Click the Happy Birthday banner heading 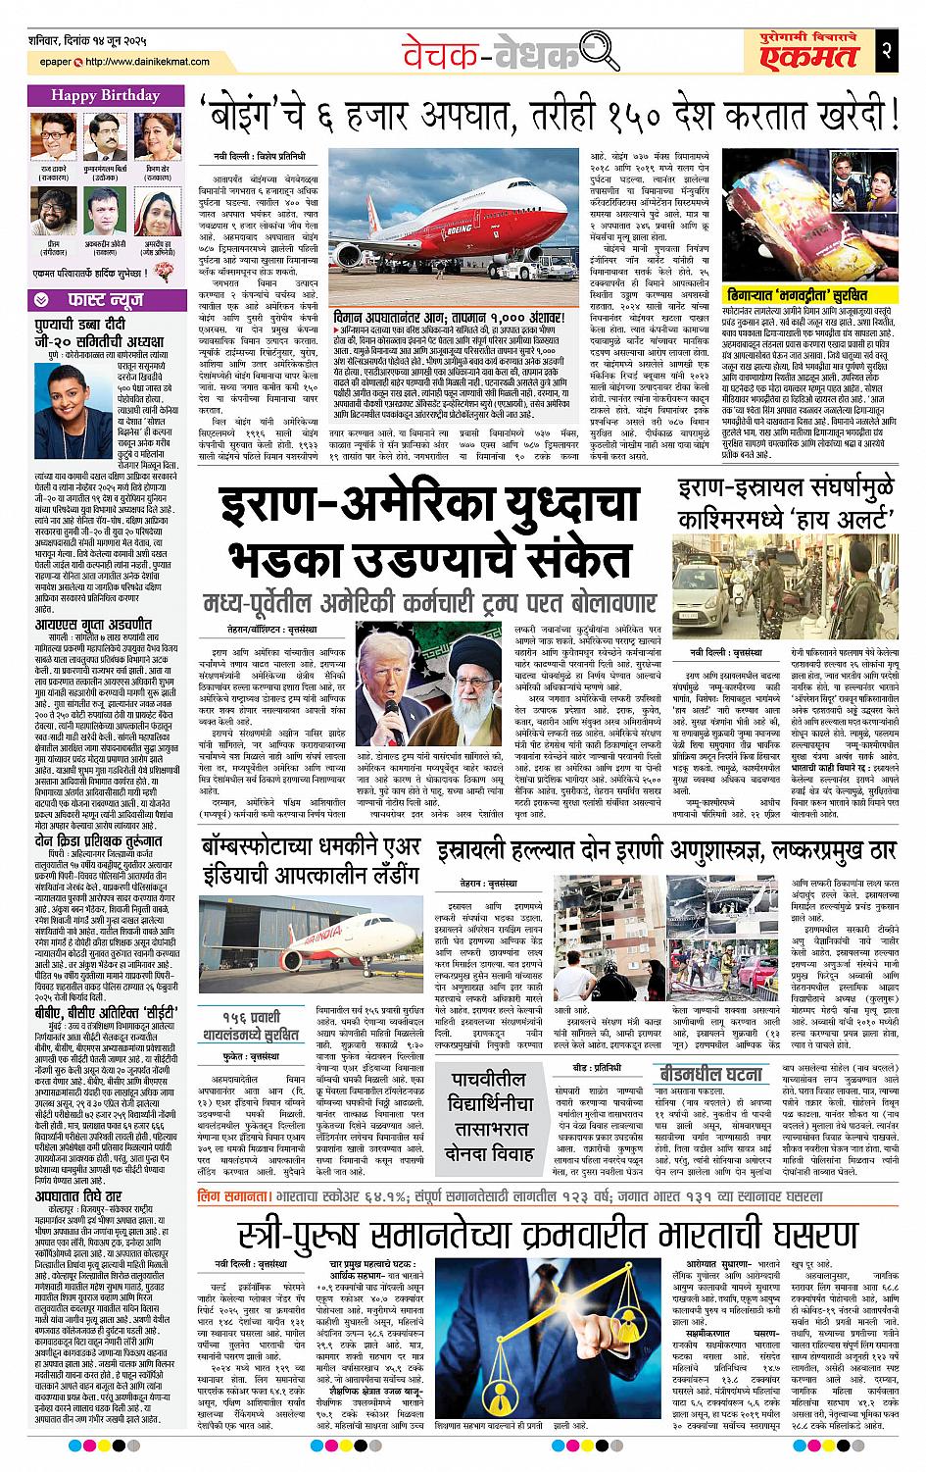[101, 96]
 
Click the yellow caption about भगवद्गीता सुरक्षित [797, 293]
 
